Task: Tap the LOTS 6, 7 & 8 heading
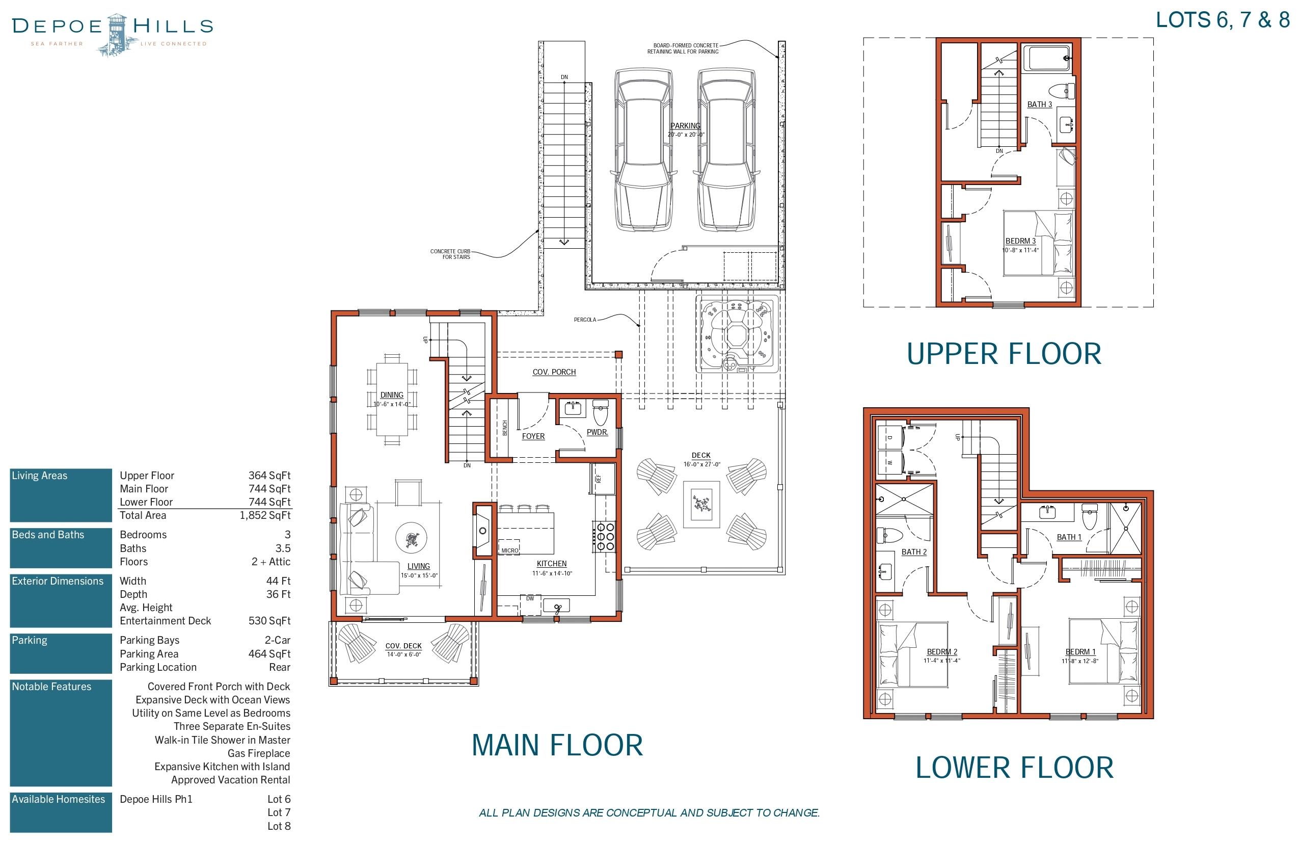(1222, 20)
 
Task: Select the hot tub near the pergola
(737, 335)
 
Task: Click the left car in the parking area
(643, 150)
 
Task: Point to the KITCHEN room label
(551, 564)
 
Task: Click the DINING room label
(391, 395)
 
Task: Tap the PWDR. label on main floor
(597, 432)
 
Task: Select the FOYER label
(533, 436)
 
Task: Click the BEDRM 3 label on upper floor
(1020, 241)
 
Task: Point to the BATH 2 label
(914, 552)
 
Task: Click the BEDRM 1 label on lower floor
(1080, 651)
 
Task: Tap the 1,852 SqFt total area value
(265, 515)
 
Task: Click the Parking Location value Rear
(280, 667)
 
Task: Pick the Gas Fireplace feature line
(258, 754)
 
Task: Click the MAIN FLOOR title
(557, 745)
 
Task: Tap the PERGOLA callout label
(585, 320)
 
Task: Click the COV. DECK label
(403, 646)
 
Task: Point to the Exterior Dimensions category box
(61, 600)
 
